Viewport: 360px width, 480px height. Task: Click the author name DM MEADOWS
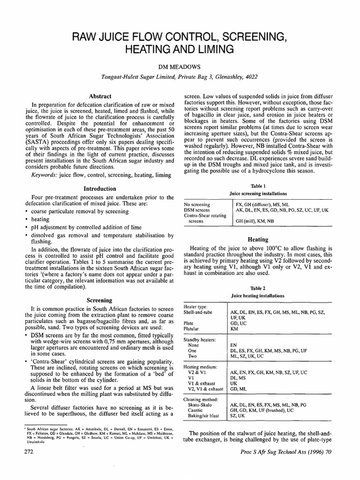180,66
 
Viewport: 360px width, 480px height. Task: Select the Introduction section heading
100,189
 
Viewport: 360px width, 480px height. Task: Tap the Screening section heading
100,300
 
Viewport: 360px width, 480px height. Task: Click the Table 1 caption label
258,186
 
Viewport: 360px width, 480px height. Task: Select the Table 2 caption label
258,289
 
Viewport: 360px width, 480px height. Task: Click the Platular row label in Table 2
193,330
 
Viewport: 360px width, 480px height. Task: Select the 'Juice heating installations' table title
258,296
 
